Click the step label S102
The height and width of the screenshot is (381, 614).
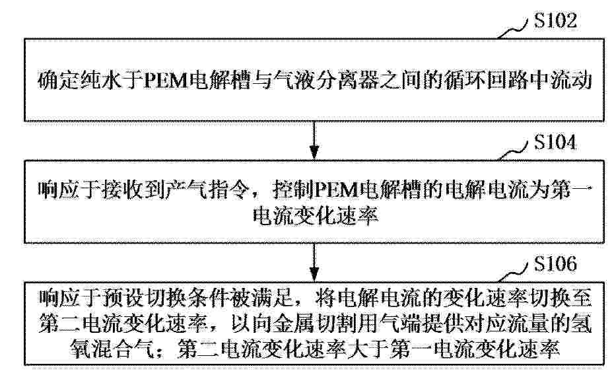click(555, 20)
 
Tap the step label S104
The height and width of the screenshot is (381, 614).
click(555, 142)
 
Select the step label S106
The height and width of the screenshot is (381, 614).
click(555, 263)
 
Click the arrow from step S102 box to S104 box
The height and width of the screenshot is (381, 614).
click(314, 140)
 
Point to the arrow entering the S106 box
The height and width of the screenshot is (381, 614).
click(314, 262)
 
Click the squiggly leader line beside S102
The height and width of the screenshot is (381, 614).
click(513, 29)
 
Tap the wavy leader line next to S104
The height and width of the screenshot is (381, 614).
click(513, 151)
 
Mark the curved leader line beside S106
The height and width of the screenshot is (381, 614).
click(513, 273)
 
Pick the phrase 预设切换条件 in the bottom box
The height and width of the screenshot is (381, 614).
click(164, 298)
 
